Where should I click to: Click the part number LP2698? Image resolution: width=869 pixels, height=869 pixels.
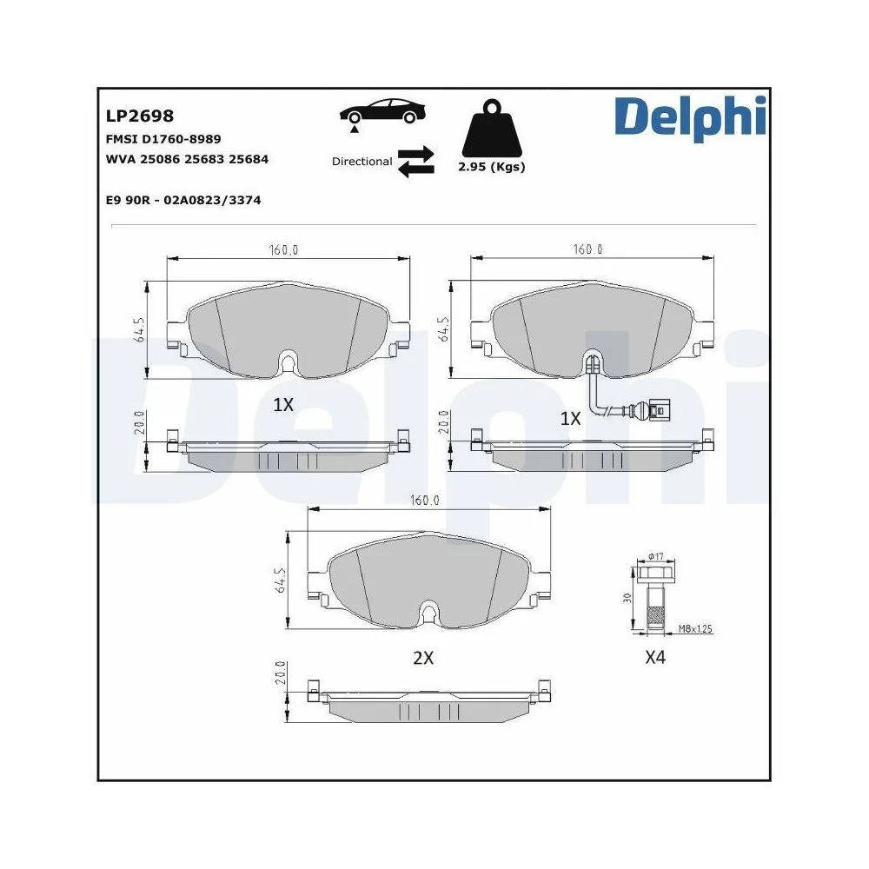[140, 116]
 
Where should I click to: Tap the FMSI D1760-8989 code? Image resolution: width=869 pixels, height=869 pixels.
[163, 138]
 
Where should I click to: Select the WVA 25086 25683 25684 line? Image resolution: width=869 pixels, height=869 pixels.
[187, 159]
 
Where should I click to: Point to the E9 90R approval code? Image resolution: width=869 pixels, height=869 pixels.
[182, 200]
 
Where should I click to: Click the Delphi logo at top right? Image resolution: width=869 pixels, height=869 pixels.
[690, 117]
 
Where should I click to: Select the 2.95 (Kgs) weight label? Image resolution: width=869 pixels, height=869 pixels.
[492, 167]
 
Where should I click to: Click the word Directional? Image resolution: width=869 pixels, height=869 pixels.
[362, 162]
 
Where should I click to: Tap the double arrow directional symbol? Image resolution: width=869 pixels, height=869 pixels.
[415, 162]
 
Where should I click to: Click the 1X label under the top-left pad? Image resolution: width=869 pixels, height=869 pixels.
[283, 404]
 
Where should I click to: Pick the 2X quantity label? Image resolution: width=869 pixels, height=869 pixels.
[422, 658]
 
